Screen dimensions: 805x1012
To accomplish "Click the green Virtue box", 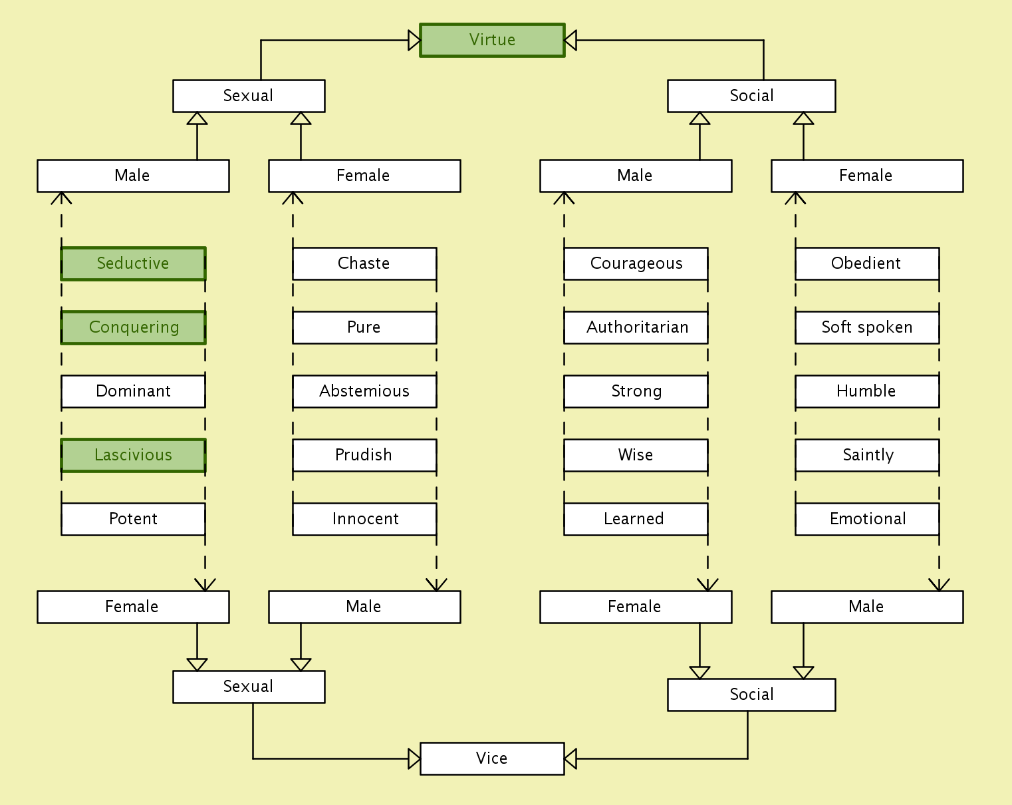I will click(x=492, y=41).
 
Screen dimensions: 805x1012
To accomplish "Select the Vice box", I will click(x=492, y=758).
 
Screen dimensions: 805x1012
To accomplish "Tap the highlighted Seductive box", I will click(x=133, y=263).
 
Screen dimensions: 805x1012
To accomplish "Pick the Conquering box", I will click(x=133, y=327).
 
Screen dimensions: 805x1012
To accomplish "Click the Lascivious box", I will click(x=133, y=455).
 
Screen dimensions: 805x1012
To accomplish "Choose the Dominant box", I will click(x=133, y=391).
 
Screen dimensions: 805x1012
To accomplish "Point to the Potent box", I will click(x=133, y=519).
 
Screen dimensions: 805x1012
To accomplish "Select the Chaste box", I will click(x=364, y=263).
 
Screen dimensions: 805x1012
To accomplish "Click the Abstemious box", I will click(x=364, y=391).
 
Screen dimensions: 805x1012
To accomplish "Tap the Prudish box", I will click(x=364, y=455).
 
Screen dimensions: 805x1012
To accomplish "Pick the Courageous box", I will click(x=636, y=263).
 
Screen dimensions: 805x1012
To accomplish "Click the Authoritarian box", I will click(x=636, y=327).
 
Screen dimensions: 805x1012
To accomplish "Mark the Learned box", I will click(x=636, y=519).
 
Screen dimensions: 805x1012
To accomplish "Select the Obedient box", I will click(x=867, y=263).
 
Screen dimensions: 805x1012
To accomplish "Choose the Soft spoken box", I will click(x=867, y=327).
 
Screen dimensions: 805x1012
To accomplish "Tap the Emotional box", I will click(x=867, y=519).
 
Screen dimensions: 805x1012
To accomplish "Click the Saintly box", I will click(x=867, y=455).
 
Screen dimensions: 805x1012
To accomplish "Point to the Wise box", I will click(x=636, y=455).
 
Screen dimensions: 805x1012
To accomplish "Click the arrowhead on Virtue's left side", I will click(x=414, y=41).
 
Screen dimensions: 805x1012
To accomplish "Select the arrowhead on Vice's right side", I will click(x=570, y=758).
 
